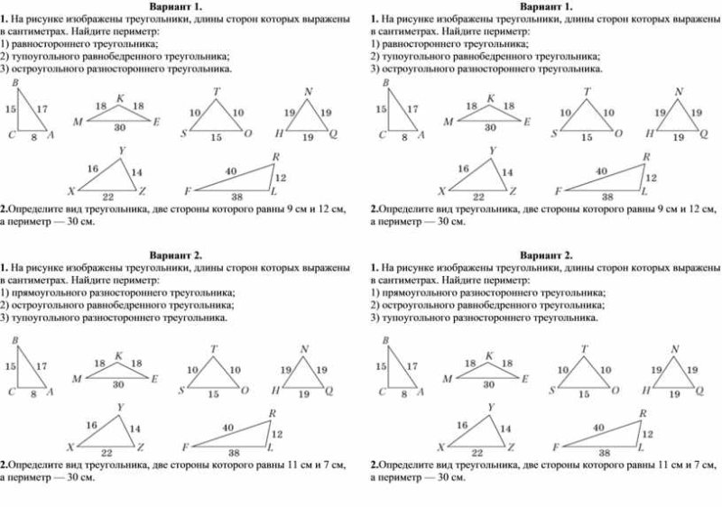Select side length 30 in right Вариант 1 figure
click(490, 127)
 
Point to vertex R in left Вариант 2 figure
click(273, 414)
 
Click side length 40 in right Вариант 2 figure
click(598, 427)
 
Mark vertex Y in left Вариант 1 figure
click(121, 150)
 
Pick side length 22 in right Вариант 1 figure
click(478, 196)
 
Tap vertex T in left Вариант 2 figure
click(214, 349)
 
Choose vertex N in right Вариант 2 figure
click(675, 349)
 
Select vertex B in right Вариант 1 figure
click(385, 83)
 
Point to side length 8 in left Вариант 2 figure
click(33, 394)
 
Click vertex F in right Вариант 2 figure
click(557, 447)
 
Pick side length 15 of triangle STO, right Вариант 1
click(587, 137)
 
